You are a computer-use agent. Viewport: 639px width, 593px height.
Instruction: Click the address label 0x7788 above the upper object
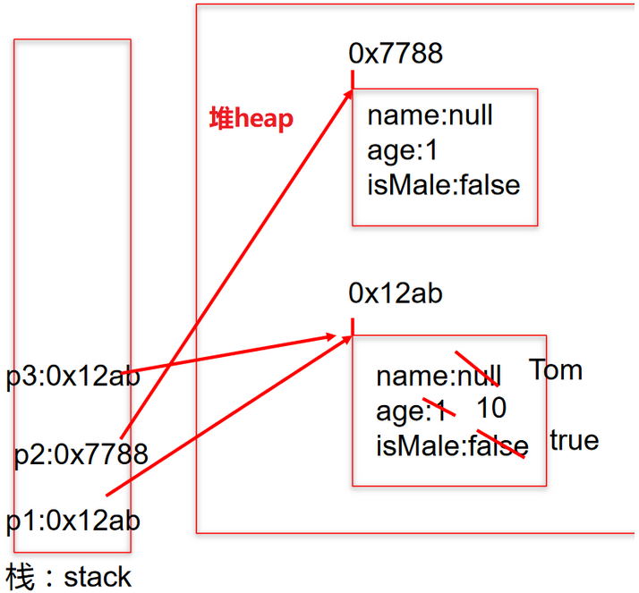tap(396, 54)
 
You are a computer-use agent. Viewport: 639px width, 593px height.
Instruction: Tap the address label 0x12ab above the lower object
tap(396, 293)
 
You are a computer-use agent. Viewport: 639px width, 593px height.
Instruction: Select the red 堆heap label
tap(251, 118)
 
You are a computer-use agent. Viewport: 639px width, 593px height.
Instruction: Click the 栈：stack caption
tap(69, 577)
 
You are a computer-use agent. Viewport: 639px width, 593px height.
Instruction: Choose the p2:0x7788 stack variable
tap(81, 454)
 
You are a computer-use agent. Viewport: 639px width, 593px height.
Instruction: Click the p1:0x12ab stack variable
tap(73, 520)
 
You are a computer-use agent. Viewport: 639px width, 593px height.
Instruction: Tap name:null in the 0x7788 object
tap(430, 115)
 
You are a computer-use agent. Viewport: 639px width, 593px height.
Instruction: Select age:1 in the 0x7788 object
tap(402, 149)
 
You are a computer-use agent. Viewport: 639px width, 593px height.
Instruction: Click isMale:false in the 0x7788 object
tap(443, 184)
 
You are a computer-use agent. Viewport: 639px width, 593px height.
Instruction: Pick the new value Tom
tap(555, 369)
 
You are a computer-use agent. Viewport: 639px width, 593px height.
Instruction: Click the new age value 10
tap(491, 409)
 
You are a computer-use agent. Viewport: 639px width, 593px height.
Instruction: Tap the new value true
tap(574, 440)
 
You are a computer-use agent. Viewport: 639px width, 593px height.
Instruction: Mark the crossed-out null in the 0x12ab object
tap(480, 377)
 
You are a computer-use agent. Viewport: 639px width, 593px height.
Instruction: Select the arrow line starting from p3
tap(233, 353)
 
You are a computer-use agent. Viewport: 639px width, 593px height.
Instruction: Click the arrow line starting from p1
tap(224, 416)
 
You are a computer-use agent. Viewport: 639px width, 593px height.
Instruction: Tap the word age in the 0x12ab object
tap(399, 411)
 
